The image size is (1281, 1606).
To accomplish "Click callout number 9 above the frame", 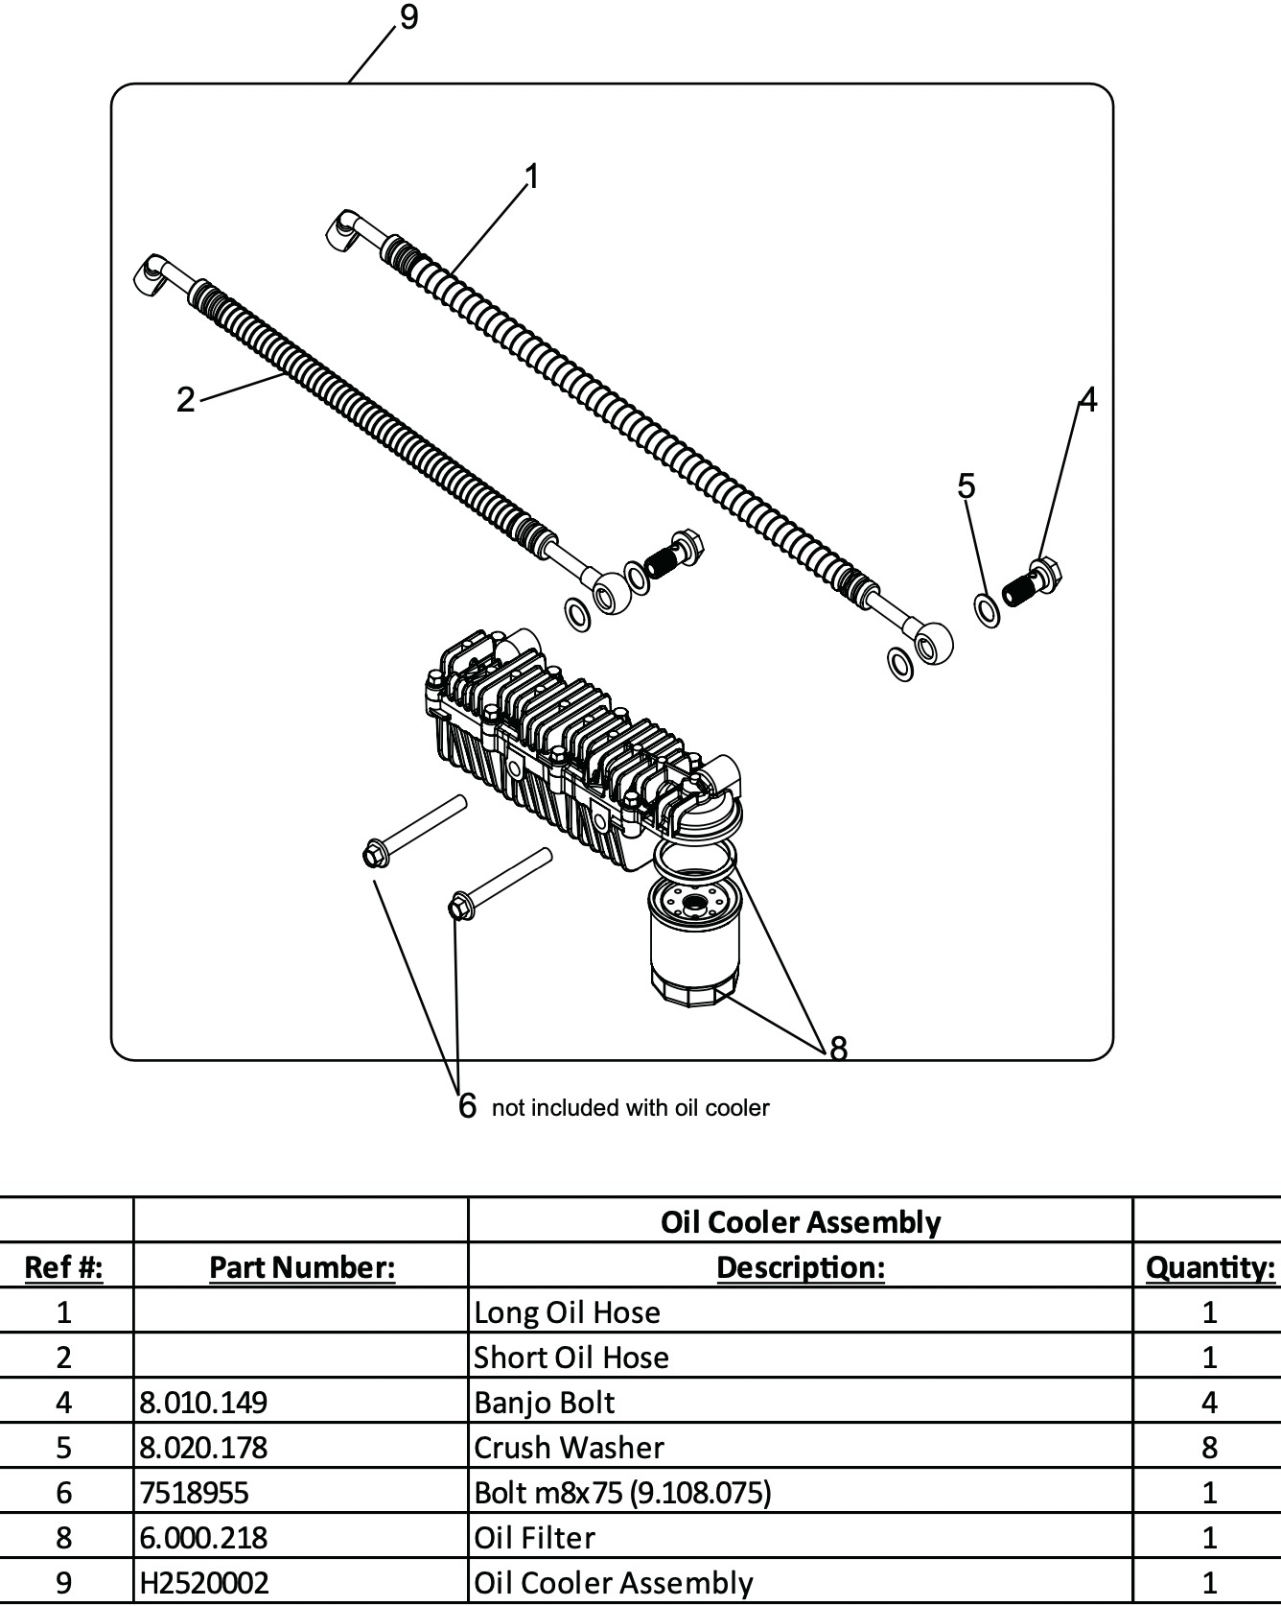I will pos(409,18).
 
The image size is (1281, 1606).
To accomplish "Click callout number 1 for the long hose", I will pos(532,177).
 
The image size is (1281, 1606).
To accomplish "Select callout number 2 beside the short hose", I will pos(185,399).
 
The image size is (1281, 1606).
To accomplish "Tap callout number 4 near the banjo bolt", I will pos(1087,399).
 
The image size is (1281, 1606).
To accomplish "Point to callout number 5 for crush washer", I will pos(966,486).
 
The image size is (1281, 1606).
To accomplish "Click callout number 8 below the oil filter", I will pos(838,1049).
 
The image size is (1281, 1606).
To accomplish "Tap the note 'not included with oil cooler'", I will pos(630,1108).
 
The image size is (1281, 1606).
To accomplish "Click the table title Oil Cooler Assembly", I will pos(800,1221).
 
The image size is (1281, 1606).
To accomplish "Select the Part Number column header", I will pos(301,1266).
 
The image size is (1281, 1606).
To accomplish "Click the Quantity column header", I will pos(1209,1266).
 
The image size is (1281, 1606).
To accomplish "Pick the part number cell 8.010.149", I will pos(203,1402).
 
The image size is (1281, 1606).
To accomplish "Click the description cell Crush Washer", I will pos(569,1447).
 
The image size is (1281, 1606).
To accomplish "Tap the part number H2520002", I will pos(204,1582).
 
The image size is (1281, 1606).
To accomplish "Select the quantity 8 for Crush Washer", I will pos(1209,1447).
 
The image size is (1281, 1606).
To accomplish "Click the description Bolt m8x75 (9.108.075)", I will pos(622,1492).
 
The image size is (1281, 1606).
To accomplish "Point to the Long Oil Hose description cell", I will pos(567,1311).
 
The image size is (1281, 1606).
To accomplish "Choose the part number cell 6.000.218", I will pos(203,1537).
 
